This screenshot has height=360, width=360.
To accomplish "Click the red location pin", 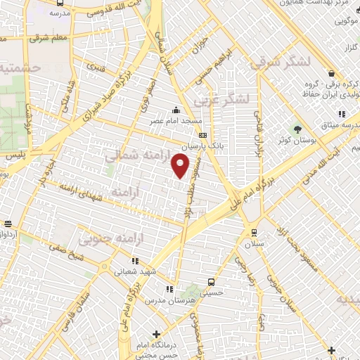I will [x=181, y=165].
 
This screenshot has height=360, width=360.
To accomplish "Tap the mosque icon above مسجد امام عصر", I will [x=176, y=110].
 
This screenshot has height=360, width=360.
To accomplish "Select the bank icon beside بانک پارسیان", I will [x=203, y=136].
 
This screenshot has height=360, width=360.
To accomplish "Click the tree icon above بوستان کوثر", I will [x=297, y=129].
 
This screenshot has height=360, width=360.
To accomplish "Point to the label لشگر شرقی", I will [x=279, y=62].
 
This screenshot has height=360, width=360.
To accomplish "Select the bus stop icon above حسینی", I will [x=212, y=281].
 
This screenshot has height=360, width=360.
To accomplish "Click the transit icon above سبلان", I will [x=254, y=233].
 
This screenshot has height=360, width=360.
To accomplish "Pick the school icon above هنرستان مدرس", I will [x=169, y=288].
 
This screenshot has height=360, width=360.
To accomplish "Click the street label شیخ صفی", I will [x=63, y=251].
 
